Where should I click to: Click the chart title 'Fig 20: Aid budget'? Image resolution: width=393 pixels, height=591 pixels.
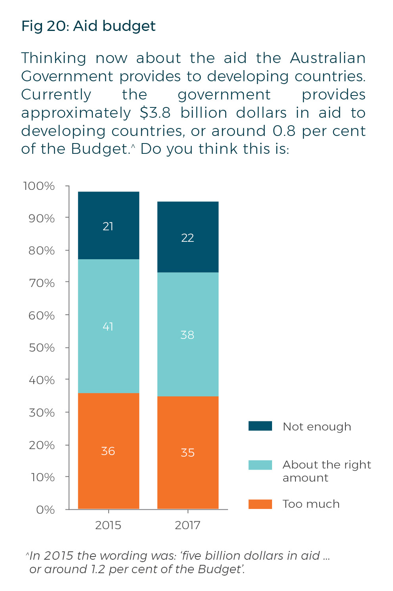(x=88, y=26)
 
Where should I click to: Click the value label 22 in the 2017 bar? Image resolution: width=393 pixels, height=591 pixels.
(x=188, y=238)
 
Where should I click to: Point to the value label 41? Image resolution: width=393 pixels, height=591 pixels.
(x=108, y=327)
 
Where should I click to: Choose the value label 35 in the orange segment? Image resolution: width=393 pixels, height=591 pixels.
(x=188, y=453)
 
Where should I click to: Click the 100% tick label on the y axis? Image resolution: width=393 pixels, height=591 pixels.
(x=39, y=186)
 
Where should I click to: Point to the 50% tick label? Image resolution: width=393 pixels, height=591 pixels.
(x=42, y=348)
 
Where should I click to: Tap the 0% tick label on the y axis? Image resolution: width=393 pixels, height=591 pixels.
(x=45, y=510)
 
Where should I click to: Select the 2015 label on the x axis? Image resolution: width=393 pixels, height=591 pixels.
(x=108, y=526)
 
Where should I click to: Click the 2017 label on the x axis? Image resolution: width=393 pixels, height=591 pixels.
(x=188, y=526)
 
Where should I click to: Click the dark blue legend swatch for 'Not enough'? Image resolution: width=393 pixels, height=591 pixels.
(x=260, y=426)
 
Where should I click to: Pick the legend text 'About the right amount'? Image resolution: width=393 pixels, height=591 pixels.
(x=326, y=471)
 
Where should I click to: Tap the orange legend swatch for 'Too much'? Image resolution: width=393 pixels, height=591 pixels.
(x=260, y=504)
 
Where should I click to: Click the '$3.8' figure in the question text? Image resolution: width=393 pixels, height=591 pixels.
(x=155, y=113)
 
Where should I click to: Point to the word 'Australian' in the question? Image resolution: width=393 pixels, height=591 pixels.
(x=328, y=58)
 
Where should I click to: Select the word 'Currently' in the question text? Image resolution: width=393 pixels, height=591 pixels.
(x=56, y=95)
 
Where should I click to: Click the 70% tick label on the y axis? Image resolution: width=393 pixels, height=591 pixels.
(x=42, y=283)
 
